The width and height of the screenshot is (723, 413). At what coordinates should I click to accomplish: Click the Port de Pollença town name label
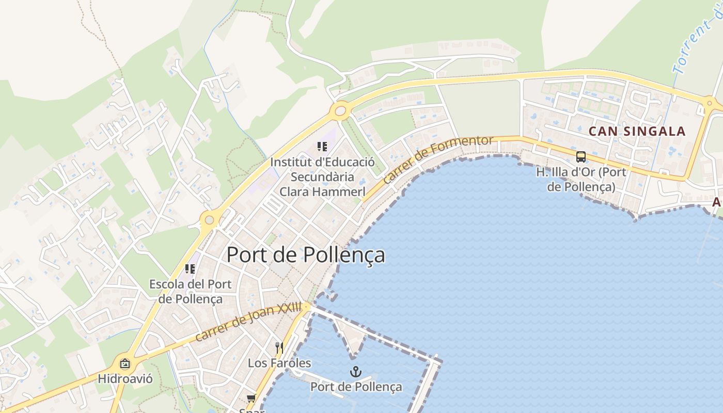(x=306, y=255)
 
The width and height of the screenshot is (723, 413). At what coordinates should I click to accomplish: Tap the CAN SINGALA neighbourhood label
(x=637, y=131)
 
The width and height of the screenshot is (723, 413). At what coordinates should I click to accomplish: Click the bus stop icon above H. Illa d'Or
(x=581, y=157)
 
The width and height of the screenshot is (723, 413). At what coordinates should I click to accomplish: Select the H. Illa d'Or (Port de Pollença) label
(x=581, y=179)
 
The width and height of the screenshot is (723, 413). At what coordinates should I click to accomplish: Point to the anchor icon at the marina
(x=355, y=372)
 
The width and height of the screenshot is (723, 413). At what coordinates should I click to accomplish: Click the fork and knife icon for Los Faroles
(x=279, y=347)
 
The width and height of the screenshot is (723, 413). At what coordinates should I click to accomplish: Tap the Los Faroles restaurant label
(x=279, y=363)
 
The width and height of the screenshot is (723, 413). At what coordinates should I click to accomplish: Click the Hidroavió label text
(x=125, y=379)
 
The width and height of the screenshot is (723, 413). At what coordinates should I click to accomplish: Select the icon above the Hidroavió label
(x=125, y=363)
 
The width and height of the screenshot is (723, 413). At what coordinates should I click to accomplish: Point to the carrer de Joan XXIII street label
(x=248, y=322)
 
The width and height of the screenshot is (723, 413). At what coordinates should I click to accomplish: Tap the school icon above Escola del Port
(x=190, y=269)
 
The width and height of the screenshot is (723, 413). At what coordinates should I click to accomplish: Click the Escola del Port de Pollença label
(x=191, y=291)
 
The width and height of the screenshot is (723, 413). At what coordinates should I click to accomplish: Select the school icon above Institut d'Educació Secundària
(x=322, y=147)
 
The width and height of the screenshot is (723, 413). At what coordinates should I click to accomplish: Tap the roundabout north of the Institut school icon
(x=340, y=110)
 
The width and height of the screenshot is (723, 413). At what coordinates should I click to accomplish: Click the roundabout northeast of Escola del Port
(x=209, y=220)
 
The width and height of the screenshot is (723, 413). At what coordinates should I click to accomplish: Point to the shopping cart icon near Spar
(x=252, y=398)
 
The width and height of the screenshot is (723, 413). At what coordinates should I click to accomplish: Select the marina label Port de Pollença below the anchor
(x=356, y=387)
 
